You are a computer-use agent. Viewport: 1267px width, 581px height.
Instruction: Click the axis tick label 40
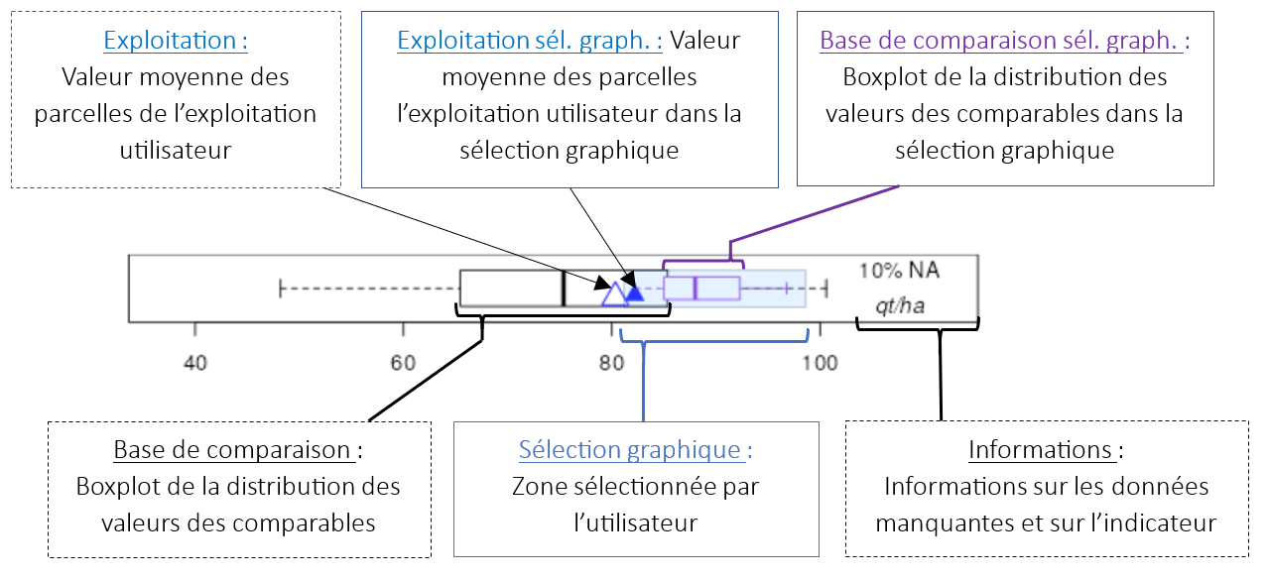(x=195, y=363)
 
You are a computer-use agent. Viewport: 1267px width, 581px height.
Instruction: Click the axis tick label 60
(x=403, y=363)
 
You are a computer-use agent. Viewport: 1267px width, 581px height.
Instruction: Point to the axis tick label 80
(x=611, y=363)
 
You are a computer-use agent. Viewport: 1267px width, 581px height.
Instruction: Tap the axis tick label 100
(x=820, y=363)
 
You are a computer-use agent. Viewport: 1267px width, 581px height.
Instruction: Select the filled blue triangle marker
(x=634, y=291)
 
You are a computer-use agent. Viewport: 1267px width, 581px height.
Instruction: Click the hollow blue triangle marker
(x=614, y=293)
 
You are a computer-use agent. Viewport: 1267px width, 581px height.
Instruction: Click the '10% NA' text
(x=899, y=270)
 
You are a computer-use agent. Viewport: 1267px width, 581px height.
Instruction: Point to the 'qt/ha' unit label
(x=899, y=305)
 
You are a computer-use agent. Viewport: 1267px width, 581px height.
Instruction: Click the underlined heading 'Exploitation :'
(x=176, y=42)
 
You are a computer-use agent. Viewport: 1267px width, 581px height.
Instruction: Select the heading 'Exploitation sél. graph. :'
(x=530, y=42)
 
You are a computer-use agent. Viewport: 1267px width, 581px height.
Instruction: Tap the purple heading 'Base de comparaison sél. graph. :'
(x=1004, y=42)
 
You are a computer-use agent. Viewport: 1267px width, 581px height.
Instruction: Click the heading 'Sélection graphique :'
(x=635, y=450)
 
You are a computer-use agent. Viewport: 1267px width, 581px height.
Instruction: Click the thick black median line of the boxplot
(x=564, y=289)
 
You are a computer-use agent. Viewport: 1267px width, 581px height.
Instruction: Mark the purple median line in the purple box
(x=696, y=289)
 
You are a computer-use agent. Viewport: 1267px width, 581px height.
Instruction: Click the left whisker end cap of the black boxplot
(x=282, y=289)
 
